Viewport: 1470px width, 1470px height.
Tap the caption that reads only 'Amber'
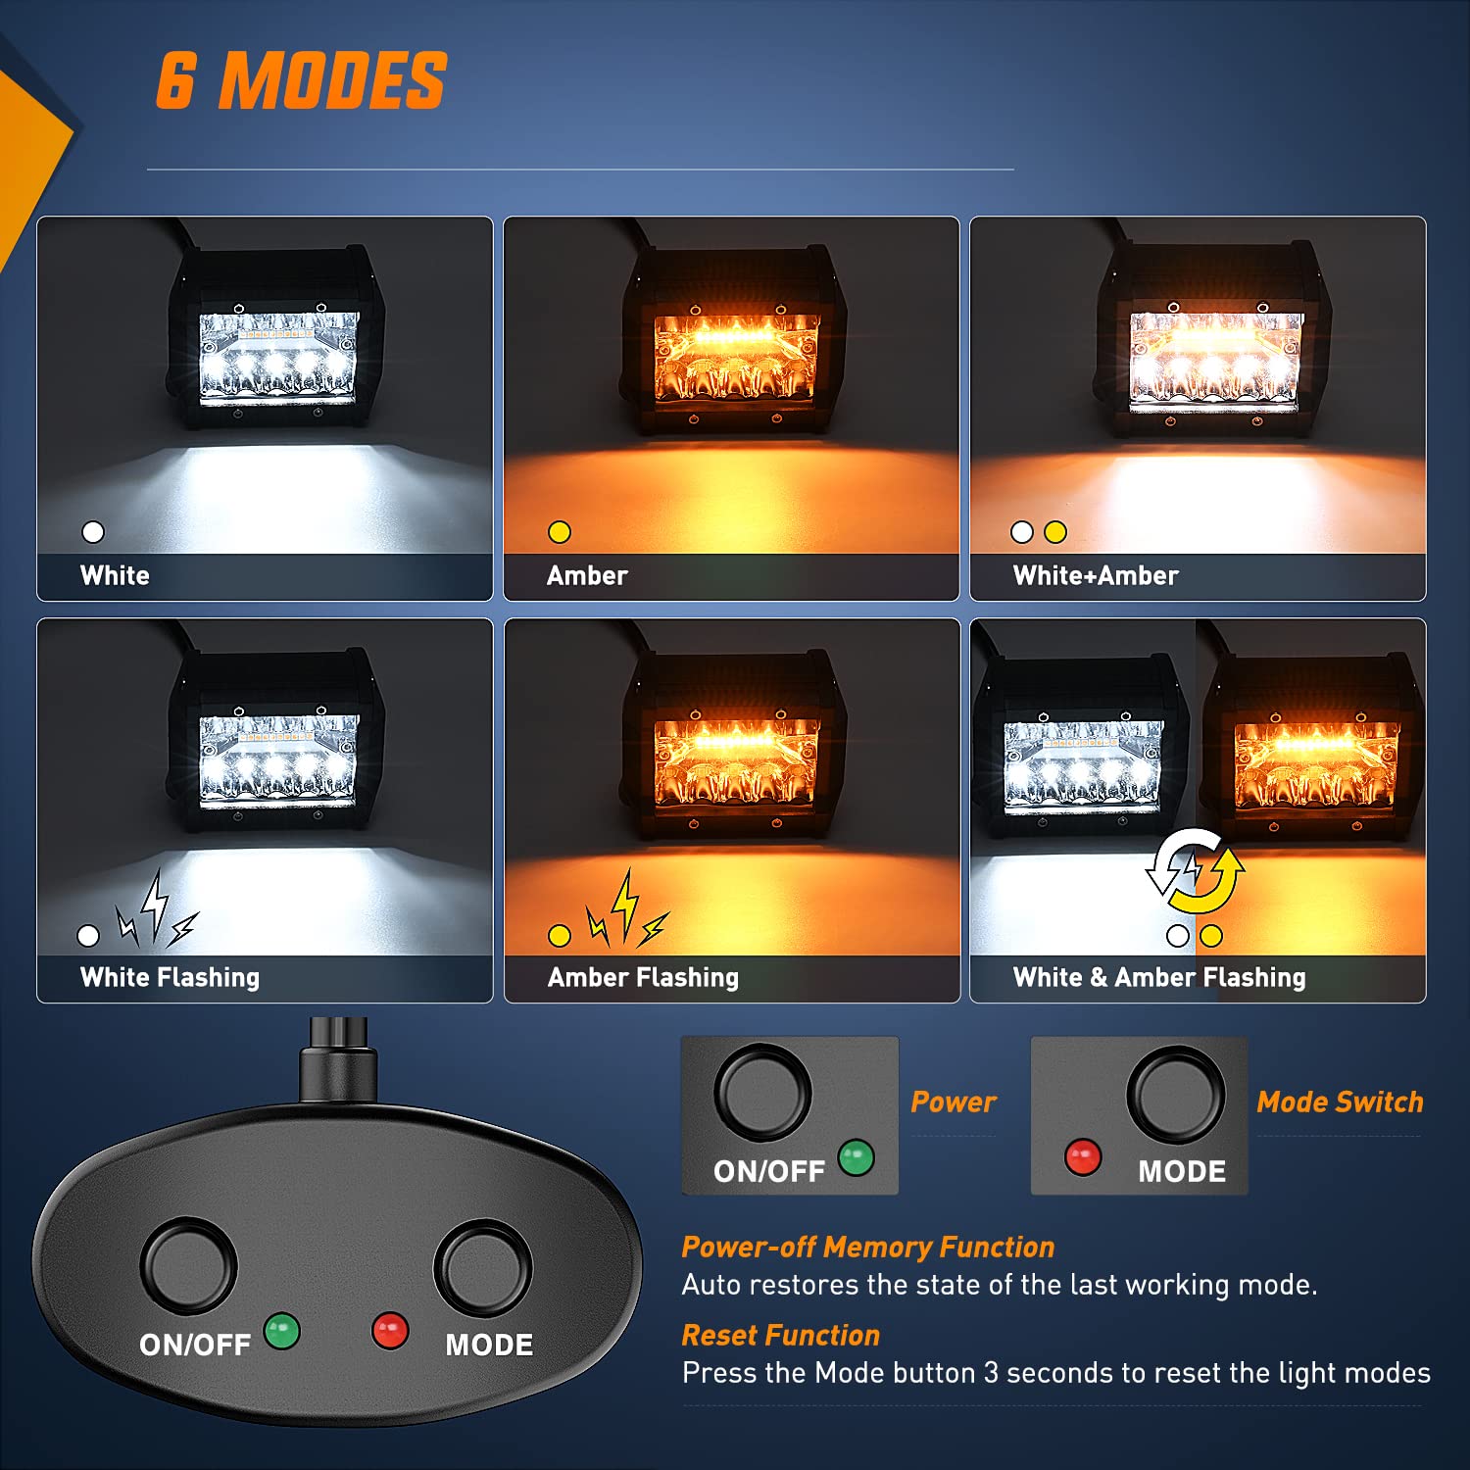(586, 575)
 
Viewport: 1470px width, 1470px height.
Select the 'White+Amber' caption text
(1095, 575)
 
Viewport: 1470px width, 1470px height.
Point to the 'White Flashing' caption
(170, 977)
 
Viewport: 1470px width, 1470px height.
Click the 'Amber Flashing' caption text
(643, 977)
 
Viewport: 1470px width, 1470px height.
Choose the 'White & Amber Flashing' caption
(1158, 977)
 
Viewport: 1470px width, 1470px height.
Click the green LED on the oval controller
(282, 1331)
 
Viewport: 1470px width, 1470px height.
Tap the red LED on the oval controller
(390, 1331)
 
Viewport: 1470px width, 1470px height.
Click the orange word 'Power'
(953, 1102)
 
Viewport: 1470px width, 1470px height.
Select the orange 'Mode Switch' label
(1339, 1102)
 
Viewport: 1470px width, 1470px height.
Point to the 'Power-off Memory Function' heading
(867, 1247)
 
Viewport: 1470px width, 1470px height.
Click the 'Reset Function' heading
(780, 1335)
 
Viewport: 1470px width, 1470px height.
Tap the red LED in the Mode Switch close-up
(1083, 1157)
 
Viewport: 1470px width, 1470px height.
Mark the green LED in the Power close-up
(856, 1157)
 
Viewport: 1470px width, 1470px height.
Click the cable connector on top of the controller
(338, 1063)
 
